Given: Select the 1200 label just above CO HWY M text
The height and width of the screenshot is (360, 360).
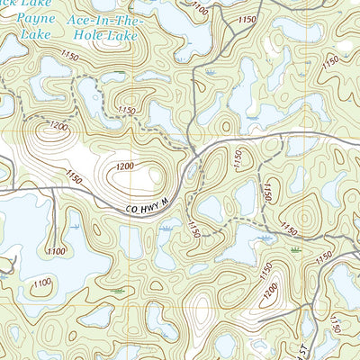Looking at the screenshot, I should pos(123,166).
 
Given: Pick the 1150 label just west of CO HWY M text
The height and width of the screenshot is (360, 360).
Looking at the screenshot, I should pos(76,180).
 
